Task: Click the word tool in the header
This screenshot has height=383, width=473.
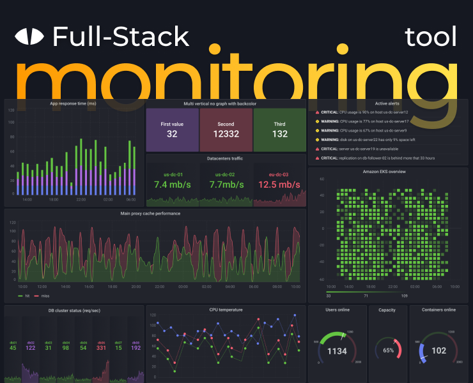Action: tap(431, 37)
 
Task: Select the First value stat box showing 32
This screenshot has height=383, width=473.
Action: tap(172, 130)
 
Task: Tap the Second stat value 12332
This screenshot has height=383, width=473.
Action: tap(226, 134)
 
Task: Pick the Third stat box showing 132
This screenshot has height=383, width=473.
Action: tap(280, 134)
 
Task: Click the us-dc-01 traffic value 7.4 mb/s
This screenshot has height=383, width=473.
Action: tap(173, 184)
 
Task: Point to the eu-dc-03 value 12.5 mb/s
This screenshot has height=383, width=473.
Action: tap(279, 184)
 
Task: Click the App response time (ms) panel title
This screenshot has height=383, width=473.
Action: tap(73, 103)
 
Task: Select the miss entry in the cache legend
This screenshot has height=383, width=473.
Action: tap(44, 296)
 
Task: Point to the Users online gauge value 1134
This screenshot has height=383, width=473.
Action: tap(336, 351)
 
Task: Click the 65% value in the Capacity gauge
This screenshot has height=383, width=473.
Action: tap(388, 350)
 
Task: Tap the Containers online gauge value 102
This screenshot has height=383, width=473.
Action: tap(439, 350)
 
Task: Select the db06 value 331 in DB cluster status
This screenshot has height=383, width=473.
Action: tap(101, 347)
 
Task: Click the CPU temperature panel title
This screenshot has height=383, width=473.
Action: tap(226, 310)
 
